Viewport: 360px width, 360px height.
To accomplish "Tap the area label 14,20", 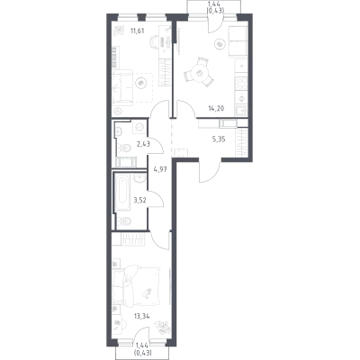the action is [x=216, y=108].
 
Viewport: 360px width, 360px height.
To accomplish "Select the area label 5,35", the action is [x=219, y=139].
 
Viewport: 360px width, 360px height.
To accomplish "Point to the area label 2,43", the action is [x=143, y=144].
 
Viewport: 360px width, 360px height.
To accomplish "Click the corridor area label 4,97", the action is [x=160, y=169].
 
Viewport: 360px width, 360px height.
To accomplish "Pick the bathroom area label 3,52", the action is [x=139, y=200].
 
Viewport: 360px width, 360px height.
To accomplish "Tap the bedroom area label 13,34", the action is [x=142, y=316].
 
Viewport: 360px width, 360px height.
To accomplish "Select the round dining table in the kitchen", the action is [x=199, y=73].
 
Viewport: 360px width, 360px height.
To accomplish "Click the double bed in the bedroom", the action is [x=136, y=286].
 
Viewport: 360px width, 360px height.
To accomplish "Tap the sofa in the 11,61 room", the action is [x=122, y=87].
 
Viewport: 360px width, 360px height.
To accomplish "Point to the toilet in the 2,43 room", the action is [x=124, y=148].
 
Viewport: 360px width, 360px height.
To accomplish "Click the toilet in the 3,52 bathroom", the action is [x=124, y=222].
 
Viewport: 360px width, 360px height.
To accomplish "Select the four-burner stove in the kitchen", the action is [x=241, y=84].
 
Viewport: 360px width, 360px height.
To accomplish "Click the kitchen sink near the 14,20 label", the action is [x=241, y=111].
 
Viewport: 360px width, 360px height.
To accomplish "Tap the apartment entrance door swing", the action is [x=210, y=172].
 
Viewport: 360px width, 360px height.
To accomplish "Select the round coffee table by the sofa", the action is [x=140, y=83].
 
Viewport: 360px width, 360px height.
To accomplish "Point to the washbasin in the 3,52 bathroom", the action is [x=139, y=178].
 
